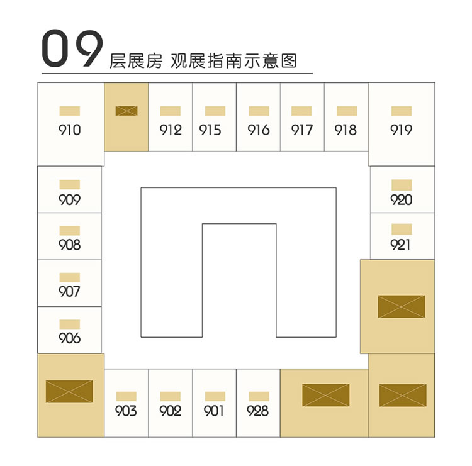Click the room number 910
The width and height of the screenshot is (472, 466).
coord(69,130)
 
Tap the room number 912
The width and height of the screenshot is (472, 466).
coord(171,130)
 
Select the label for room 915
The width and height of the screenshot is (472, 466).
coord(210,130)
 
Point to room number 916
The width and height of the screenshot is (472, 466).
coord(259,130)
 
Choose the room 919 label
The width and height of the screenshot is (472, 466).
coord(402,130)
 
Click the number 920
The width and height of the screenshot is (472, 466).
coord(402,200)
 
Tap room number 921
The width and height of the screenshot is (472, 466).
coord(400,245)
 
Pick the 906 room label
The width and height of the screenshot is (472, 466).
coord(69,338)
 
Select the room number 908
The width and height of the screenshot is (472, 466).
coord(69,245)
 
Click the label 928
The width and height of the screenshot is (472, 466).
coord(257,411)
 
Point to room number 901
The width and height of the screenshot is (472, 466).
coord(213,411)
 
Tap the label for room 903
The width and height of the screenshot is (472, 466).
coord(126,411)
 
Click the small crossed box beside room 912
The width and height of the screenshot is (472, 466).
coord(126,111)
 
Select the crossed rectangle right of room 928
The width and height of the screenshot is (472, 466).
coord(326,395)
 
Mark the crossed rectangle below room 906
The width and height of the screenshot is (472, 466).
coord(69,391)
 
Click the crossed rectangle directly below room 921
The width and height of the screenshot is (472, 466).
coord(402,306)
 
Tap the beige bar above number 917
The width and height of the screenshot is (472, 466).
coord(301,111)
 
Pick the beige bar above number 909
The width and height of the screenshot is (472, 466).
coord(69,184)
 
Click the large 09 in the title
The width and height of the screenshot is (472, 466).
coord(72,48)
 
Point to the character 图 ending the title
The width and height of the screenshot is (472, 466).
coord(289,61)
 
